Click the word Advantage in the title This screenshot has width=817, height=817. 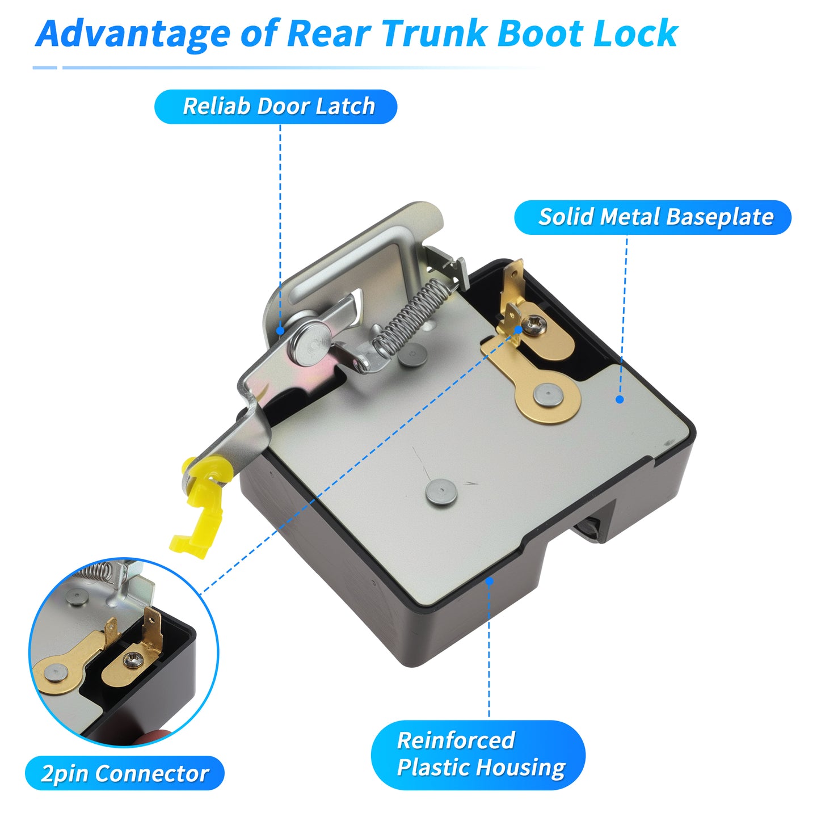click(133, 35)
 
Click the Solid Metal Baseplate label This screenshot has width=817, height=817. click(652, 217)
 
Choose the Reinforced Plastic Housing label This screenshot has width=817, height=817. click(478, 755)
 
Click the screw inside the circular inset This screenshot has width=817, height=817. click(133, 660)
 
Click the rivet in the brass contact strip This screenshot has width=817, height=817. click(548, 395)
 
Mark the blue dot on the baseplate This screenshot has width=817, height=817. click(620, 399)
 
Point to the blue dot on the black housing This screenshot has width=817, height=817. click(489, 582)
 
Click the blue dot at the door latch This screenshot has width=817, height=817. click(280, 330)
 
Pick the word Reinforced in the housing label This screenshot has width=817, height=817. click(456, 740)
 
